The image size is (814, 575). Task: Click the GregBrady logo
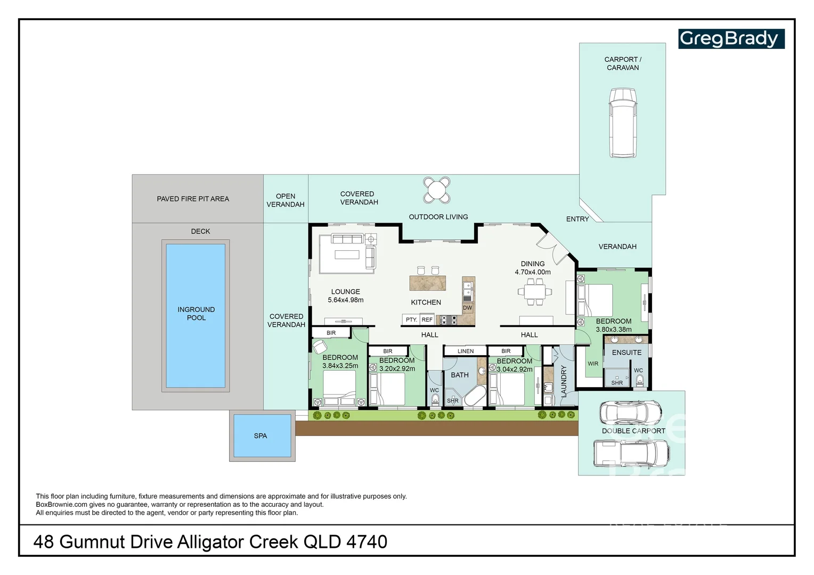731,38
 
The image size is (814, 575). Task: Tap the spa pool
262,436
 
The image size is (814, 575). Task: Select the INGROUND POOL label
196,314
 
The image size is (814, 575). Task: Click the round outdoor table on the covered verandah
437,190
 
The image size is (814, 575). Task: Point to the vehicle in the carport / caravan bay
623,123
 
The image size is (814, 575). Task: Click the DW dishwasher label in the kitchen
467,308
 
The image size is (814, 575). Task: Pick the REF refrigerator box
427,319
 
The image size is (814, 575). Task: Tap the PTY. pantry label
411,319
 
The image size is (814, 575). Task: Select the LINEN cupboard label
466,351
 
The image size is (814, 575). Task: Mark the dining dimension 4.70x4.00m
533,272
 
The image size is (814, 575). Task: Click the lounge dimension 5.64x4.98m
346,300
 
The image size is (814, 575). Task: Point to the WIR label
593,364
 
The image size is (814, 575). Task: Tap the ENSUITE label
627,352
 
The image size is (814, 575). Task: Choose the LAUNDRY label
564,381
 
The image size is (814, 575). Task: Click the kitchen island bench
428,283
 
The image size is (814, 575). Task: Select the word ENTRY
577,219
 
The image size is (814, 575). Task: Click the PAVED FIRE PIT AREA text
193,199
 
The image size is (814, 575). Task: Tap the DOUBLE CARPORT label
633,431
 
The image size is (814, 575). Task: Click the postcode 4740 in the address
367,542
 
